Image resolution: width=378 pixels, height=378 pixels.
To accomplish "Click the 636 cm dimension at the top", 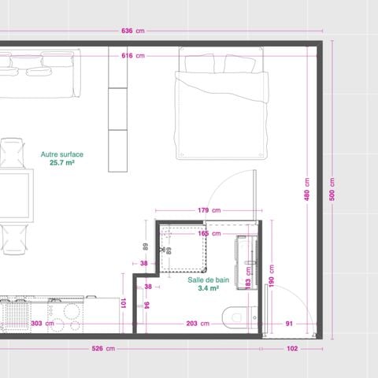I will click(x=132, y=31).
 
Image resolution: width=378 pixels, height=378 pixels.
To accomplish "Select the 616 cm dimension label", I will click(x=132, y=56).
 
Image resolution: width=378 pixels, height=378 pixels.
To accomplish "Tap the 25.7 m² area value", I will click(x=62, y=163).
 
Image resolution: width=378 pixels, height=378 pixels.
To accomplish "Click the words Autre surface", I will click(x=62, y=154).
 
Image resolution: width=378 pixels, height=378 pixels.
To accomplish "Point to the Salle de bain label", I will click(x=209, y=280).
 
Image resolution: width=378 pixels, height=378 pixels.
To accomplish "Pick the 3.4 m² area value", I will click(x=209, y=289).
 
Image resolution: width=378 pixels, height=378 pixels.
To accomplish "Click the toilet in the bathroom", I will click(x=237, y=317).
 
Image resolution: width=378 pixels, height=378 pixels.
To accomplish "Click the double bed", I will click(x=221, y=102).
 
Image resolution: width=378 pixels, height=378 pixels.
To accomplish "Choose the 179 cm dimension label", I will click(x=209, y=210).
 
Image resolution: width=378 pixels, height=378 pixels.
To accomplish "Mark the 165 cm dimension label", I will click(x=209, y=233).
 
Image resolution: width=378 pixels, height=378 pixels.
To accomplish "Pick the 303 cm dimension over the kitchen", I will click(x=37, y=323).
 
